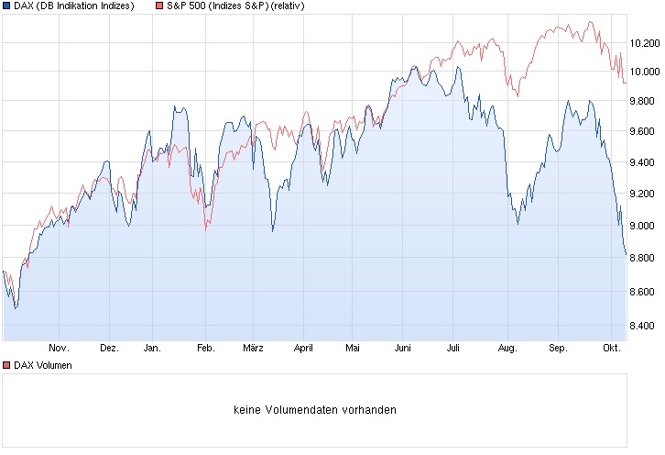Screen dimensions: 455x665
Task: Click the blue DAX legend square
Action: coord(6,6)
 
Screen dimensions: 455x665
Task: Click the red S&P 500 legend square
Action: coord(159,6)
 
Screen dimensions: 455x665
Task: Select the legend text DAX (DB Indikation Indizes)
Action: coord(74,6)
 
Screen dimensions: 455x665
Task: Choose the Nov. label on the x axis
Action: coord(59,349)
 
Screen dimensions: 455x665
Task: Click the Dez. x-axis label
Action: coord(109,349)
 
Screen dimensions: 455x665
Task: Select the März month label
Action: coord(254,349)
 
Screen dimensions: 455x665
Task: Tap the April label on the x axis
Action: coord(303,349)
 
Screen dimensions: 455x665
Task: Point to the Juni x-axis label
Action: coord(402,349)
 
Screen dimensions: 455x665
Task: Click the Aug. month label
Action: coord(507,349)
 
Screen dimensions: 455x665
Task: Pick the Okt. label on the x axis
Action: coord(613,349)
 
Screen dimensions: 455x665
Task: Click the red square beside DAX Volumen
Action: coord(6,365)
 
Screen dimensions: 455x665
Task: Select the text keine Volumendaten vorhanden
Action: coord(315,410)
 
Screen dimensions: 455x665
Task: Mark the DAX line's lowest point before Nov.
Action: coord(15,308)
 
